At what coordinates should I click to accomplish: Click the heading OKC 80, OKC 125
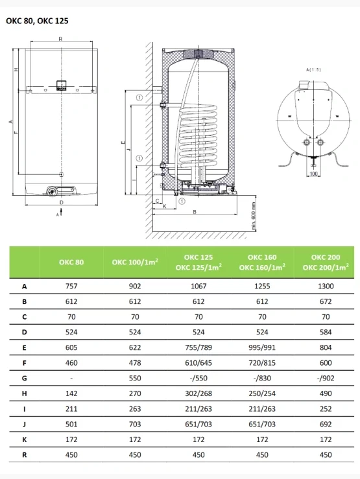click(x=37, y=21)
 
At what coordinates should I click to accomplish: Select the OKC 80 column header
click(x=71, y=262)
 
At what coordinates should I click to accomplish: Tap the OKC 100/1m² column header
click(x=135, y=262)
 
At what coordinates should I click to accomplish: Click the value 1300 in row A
click(x=326, y=286)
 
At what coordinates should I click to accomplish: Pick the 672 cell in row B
click(x=326, y=301)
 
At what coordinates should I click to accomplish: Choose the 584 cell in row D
click(x=326, y=332)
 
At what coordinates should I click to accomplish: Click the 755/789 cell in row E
click(x=198, y=347)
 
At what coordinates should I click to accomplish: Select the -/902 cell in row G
click(x=326, y=378)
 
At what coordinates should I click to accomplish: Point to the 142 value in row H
click(x=71, y=393)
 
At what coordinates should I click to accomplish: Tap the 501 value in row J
click(x=71, y=424)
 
